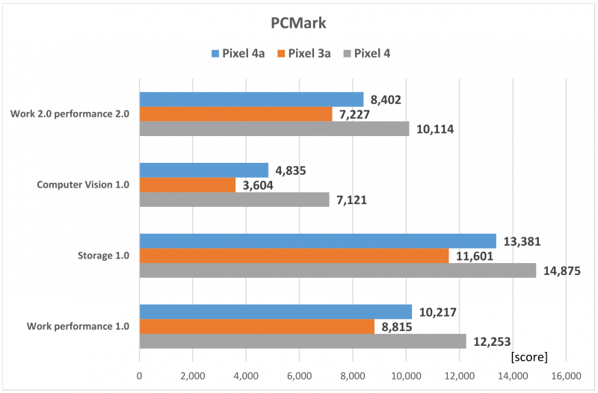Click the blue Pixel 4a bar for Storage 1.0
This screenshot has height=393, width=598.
(318, 241)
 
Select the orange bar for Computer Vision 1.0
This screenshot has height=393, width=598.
(188, 185)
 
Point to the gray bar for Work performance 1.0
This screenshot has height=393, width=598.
(303, 341)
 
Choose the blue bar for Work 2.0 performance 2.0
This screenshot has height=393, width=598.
(251, 99)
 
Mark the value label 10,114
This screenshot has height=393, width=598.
(437, 129)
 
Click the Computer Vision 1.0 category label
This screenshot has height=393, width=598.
(82, 185)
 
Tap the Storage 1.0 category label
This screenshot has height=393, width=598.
(104, 256)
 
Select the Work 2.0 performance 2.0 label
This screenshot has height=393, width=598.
(70, 114)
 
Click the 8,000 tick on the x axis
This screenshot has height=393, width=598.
(353, 376)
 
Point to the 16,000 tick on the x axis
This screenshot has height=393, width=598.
(565, 376)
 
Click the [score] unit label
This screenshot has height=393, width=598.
(528, 356)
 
